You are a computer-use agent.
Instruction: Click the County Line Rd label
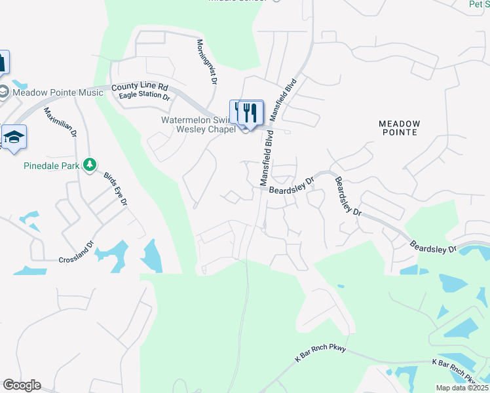pos(140,86)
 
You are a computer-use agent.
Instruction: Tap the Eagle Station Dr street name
pos(144,97)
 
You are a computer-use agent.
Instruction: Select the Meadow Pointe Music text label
pos(58,92)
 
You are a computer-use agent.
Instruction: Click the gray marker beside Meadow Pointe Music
pos(4,92)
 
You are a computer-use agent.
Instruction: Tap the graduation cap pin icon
pos(13,137)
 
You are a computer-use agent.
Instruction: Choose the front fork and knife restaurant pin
pos(249,112)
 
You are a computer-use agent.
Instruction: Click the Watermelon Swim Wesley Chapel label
pos(198,124)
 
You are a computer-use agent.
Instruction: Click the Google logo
pos(21,385)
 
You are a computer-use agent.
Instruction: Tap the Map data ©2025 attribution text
pos(462,388)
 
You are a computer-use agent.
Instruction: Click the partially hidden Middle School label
pos(238,1)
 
